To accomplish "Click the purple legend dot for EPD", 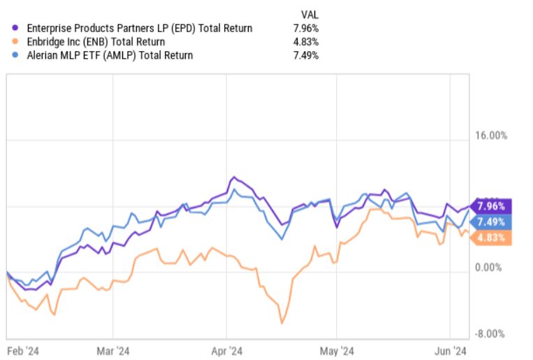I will coord(16,29).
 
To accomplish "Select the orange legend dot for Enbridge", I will coord(16,42).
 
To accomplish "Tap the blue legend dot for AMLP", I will coord(16,55).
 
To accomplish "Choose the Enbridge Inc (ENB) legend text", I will coord(95,42).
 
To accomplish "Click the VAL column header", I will coord(309,13).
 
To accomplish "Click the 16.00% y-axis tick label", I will coord(488,135).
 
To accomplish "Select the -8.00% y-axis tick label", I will coord(490,333).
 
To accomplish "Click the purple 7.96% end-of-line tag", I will coord(493,206).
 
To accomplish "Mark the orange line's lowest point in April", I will coord(282,323).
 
